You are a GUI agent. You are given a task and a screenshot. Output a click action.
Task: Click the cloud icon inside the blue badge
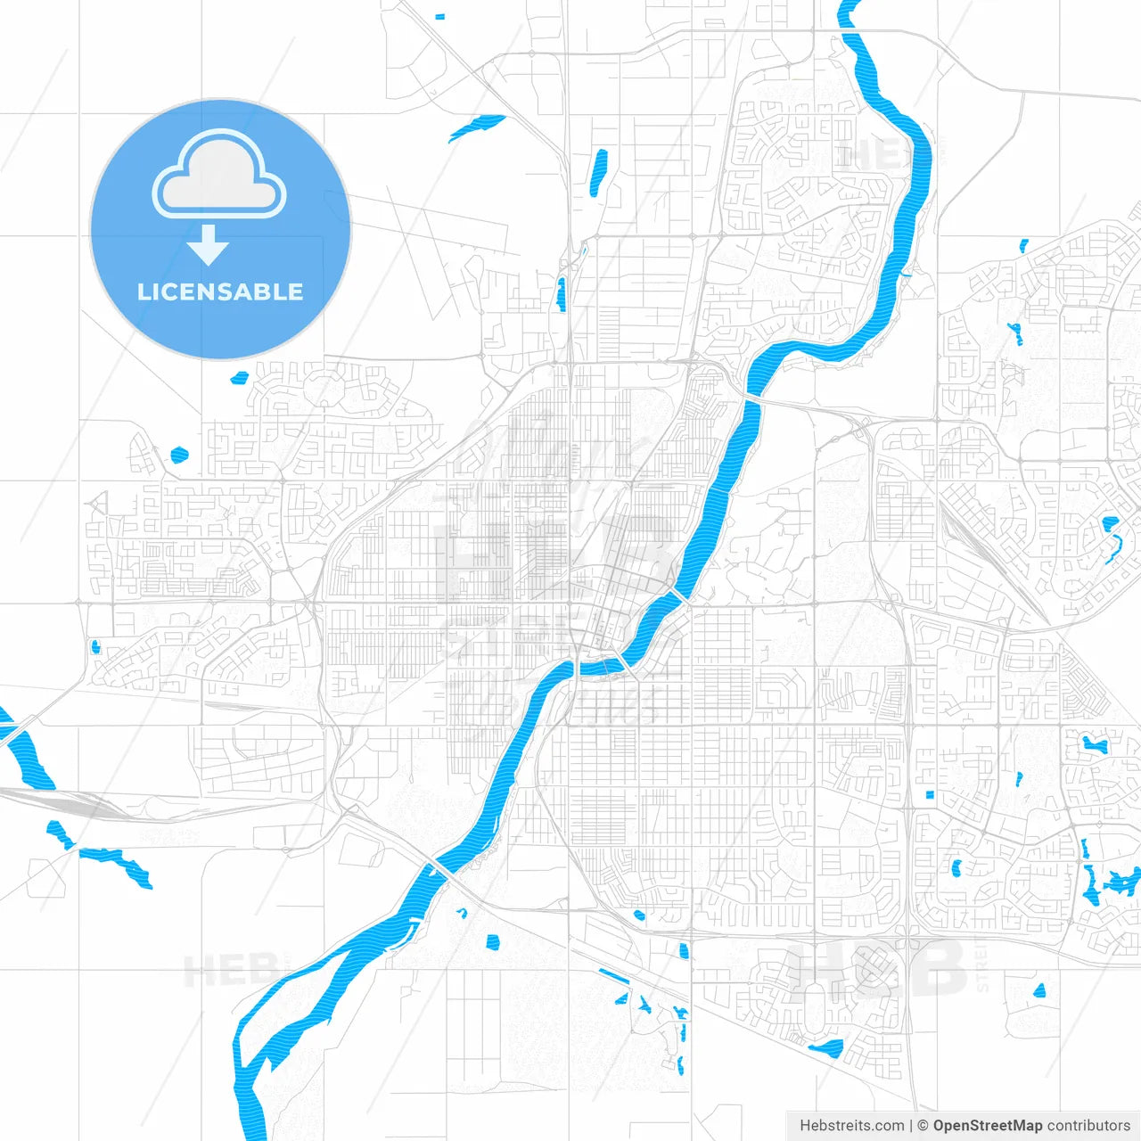coord(219,176)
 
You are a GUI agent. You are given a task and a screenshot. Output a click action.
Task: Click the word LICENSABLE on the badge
coord(220,292)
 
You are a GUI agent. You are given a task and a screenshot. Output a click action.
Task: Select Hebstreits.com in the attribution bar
coord(851,1126)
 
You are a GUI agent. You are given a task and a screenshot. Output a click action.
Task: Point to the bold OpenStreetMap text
coord(987,1126)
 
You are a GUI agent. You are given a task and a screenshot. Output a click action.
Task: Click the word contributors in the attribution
coord(1088,1126)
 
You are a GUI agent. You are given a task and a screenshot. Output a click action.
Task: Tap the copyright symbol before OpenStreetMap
coord(923,1126)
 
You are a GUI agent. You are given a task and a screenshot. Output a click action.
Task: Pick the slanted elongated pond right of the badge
coord(477,127)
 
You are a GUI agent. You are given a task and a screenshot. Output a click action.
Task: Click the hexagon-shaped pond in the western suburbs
coord(179,455)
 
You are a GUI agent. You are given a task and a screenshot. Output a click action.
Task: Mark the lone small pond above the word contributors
coord(1038,990)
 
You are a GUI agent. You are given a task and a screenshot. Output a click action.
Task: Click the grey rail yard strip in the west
coord(62,802)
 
